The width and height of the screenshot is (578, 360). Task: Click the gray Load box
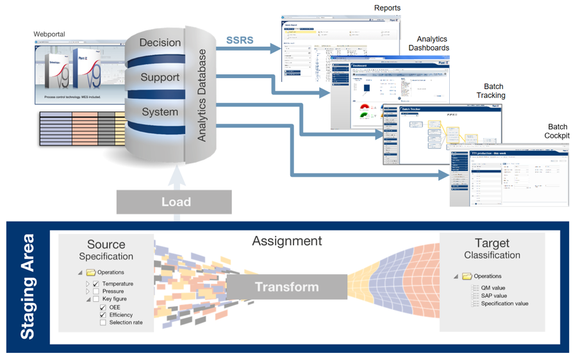tap(174, 202)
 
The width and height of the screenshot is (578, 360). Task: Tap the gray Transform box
tap(287, 286)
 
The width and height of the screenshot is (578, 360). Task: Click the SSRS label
tap(240, 40)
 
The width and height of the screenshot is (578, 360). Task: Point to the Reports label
tap(387, 8)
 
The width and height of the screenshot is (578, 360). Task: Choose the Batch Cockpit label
tap(557, 131)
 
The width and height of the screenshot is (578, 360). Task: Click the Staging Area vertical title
tap(28, 286)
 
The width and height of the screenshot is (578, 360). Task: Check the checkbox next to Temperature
tap(96, 284)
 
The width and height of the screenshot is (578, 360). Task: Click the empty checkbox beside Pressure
tap(96, 291)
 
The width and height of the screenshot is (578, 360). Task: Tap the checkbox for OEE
tap(103, 307)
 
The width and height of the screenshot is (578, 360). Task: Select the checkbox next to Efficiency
tap(103, 315)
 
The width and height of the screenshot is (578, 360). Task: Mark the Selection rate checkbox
tap(103, 323)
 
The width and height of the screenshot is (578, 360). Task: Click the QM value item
tap(493, 288)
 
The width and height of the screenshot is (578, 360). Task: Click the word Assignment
tap(286, 241)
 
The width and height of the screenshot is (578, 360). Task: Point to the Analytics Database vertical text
tap(202, 95)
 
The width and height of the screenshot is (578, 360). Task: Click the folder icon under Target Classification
tap(467, 276)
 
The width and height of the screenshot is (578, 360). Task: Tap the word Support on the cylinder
tap(160, 78)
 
